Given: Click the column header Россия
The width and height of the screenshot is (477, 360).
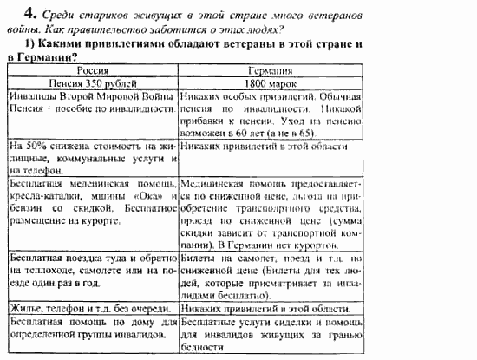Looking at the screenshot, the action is pyautogui.click(x=93, y=70).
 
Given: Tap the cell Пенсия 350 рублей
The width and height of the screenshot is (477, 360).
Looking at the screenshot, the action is pyautogui.click(x=92, y=83).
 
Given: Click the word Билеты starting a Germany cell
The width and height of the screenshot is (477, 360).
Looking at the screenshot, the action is pyautogui.click(x=201, y=258).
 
